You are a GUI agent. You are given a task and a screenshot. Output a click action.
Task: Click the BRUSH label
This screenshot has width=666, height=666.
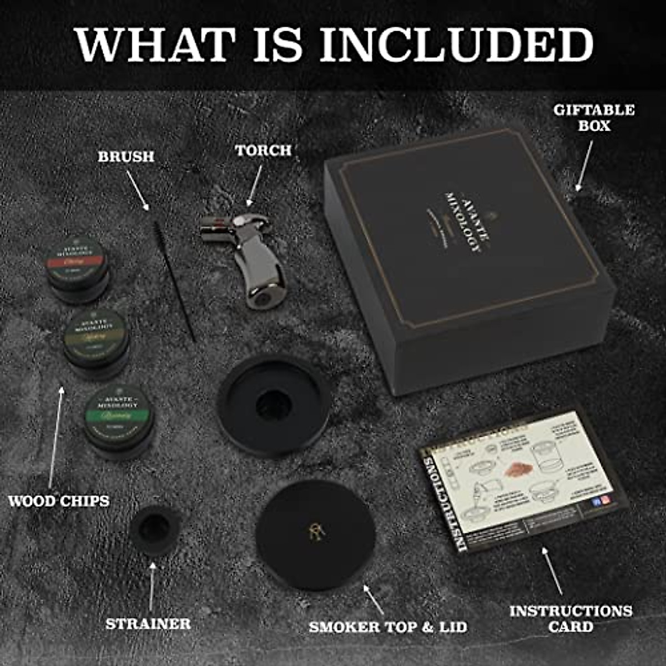coord(126,157)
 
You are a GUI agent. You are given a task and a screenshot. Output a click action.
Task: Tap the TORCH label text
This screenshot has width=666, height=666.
coord(263,150)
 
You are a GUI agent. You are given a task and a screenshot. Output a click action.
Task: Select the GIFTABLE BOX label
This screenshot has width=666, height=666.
coord(594,118)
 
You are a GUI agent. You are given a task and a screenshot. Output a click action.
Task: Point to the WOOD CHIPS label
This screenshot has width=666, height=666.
coord(59,501)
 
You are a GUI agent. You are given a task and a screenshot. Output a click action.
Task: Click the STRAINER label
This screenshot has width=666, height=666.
coord(148,624)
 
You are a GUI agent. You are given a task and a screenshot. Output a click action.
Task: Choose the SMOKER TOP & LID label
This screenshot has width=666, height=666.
coord(388,627)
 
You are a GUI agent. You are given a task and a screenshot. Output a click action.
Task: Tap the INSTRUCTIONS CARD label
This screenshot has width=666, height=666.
coord(571,618)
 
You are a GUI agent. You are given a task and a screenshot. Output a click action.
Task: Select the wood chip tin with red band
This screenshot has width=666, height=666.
coord(77,269)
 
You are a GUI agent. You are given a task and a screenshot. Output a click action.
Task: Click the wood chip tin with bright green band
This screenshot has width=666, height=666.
coord(119,419)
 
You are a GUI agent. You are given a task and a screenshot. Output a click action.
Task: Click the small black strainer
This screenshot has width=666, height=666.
coord(155,530)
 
